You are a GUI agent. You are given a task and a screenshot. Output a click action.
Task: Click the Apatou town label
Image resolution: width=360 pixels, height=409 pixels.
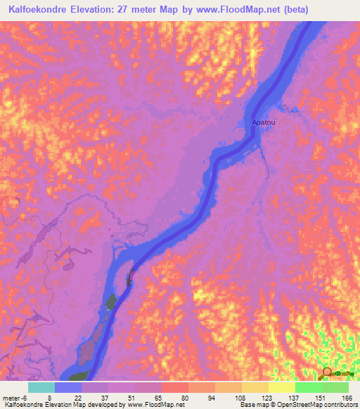coord(263,122)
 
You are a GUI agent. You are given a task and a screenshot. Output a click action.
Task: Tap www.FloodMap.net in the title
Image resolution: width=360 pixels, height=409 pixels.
coord(227,8)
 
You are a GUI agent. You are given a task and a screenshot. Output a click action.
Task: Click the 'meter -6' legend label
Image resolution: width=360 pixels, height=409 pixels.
coord(15,398)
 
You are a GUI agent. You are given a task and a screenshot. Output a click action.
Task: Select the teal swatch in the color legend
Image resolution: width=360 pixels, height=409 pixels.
coord(41,387)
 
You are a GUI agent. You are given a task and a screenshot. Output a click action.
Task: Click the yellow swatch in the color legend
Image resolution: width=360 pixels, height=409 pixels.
coord(282,387)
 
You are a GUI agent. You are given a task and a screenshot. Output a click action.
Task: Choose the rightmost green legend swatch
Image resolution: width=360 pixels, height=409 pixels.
coord(335,387)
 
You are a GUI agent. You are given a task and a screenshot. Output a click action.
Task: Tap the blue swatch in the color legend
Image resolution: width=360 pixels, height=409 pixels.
coord(68,387)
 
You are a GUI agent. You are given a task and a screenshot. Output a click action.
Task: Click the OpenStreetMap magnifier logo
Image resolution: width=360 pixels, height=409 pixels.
coord(327,372)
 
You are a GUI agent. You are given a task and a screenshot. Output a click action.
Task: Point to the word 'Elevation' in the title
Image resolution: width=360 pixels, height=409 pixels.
coord(101,8)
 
